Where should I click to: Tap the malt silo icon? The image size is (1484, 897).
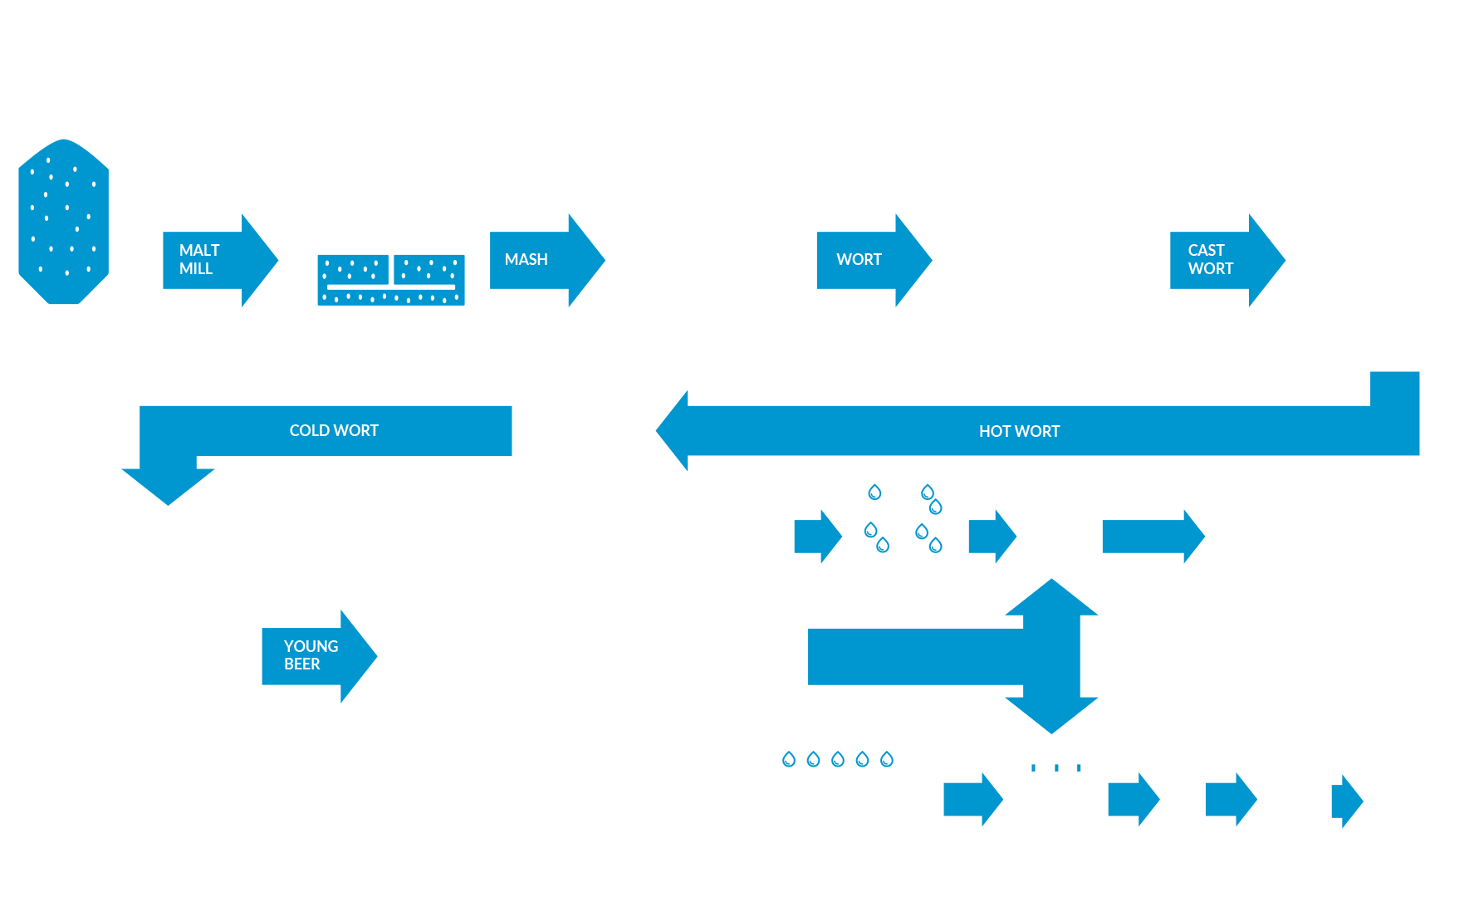(64, 214)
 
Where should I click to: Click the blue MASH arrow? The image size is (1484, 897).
(545, 260)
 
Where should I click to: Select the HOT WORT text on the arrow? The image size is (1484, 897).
(1019, 431)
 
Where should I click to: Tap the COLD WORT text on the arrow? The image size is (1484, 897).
(334, 430)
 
